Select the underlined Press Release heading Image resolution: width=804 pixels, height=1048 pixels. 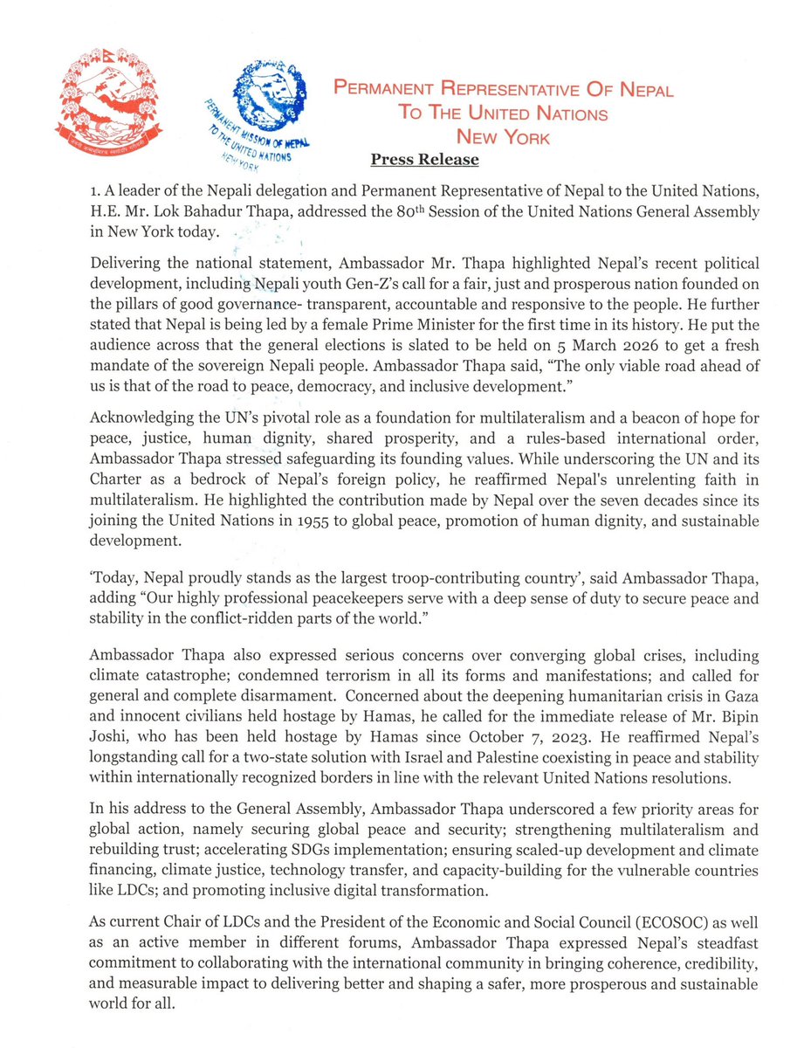(x=424, y=160)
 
